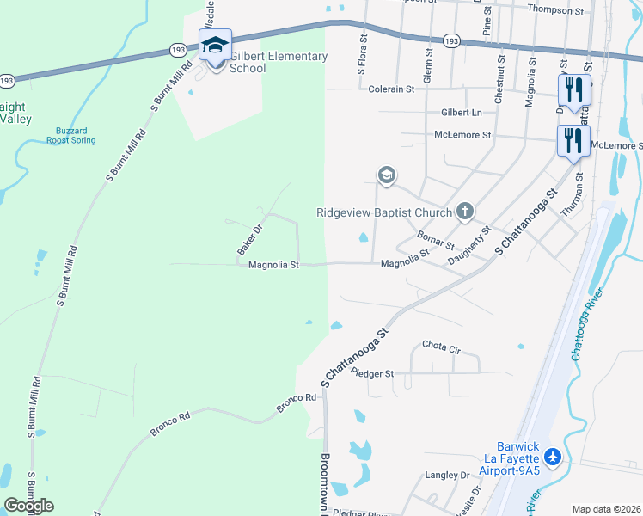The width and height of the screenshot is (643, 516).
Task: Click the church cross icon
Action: click(x=465, y=210)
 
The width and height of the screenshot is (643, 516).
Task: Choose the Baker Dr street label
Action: click(x=248, y=239)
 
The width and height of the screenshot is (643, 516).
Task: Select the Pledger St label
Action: click(x=372, y=374)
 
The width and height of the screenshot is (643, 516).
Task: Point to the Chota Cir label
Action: click(x=442, y=347)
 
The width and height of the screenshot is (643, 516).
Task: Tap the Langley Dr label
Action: click(x=447, y=475)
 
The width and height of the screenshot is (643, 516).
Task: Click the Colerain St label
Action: click(x=391, y=89)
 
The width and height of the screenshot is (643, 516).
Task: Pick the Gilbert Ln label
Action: click(x=462, y=113)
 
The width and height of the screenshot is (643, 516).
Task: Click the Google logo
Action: click(x=28, y=505)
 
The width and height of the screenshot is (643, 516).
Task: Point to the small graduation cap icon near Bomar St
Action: click(x=386, y=175)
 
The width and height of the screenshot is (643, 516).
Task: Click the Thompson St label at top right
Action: click(x=555, y=9)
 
